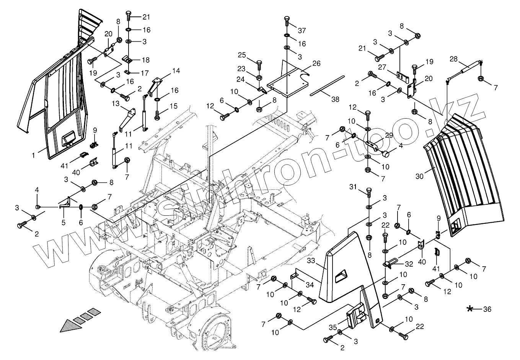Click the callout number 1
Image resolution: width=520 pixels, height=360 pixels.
tap(33, 156)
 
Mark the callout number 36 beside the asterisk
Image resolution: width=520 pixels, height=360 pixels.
tap(487, 309)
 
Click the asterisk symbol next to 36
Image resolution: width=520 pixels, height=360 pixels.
tap(470, 309)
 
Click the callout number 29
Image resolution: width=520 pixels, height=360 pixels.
tap(389, 135)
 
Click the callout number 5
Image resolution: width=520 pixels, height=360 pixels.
tap(63, 222)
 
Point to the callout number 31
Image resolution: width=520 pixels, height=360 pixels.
tap(352, 186)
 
